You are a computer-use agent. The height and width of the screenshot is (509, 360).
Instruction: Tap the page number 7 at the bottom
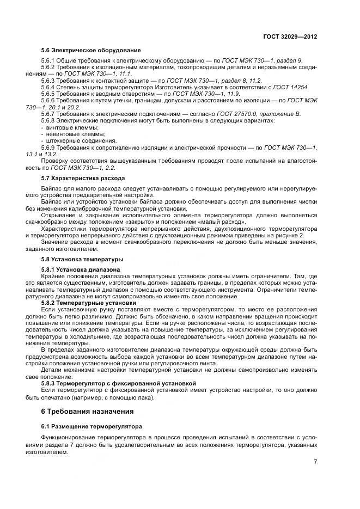[x=316, y=462]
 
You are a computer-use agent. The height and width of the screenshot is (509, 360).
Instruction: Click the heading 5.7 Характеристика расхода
[x=83, y=178]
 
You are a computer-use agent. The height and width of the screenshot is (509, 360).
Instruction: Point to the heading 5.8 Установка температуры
[x=82, y=259]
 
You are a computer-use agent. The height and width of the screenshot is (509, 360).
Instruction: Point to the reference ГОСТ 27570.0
[x=253, y=113]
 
